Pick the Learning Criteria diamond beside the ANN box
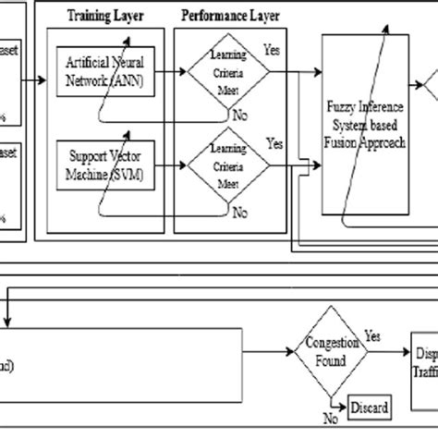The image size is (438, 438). click(228, 71)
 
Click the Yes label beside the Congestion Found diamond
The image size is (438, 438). click(372, 337)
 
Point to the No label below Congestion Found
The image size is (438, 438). click(329, 417)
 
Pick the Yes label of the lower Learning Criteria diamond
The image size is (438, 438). click(274, 144)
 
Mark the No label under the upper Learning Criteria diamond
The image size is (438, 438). click(240, 116)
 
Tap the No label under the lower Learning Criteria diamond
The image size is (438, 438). click(240, 213)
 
